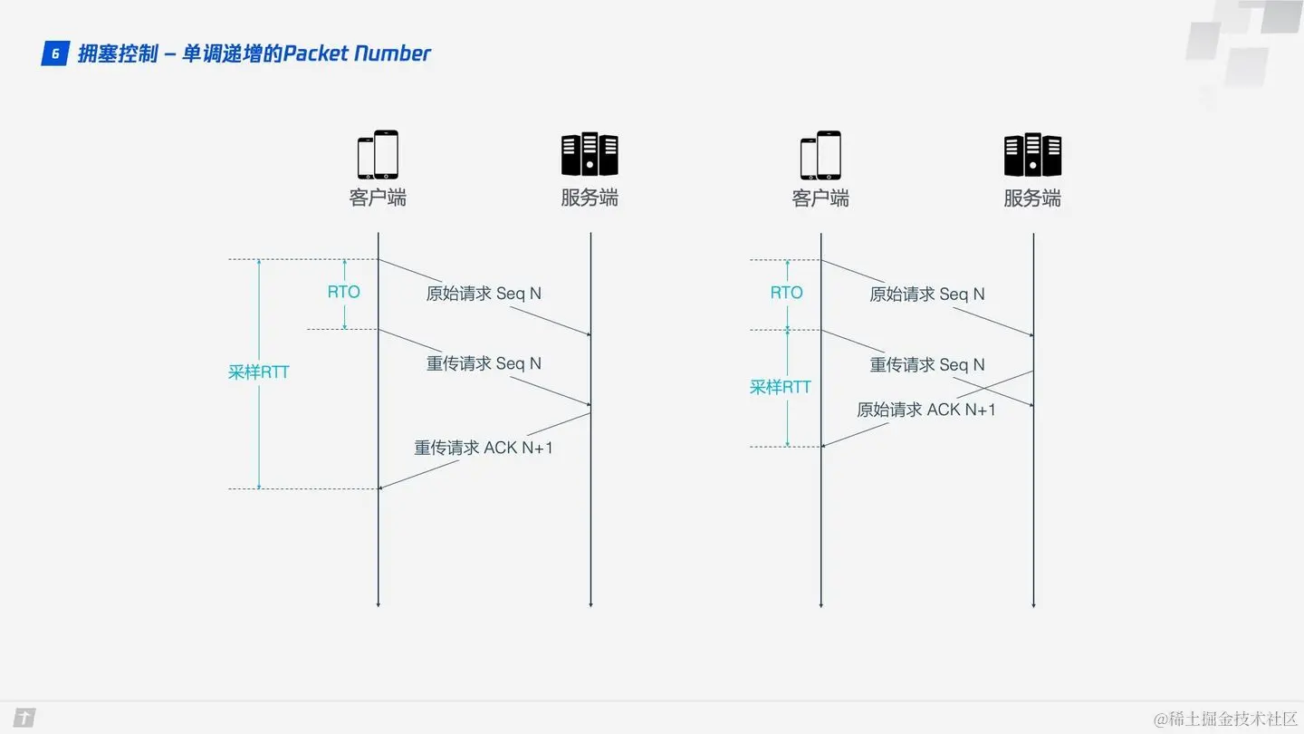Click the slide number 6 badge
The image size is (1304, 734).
tap(55, 54)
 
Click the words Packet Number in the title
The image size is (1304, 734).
tap(357, 53)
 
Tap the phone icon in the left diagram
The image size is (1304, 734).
tap(378, 155)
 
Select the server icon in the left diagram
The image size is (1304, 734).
tap(590, 154)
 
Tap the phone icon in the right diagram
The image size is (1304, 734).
tap(820, 155)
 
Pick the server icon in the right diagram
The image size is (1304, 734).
tap(1032, 154)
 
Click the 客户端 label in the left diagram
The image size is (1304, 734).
tap(378, 198)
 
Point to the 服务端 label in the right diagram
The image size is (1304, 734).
tap(1032, 198)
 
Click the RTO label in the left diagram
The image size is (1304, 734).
tap(343, 292)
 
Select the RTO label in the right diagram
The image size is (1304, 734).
tap(786, 293)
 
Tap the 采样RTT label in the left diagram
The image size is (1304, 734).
tap(258, 372)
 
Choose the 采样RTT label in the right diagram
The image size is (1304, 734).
tap(780, 387)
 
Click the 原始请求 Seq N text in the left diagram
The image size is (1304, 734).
tap(484, 294)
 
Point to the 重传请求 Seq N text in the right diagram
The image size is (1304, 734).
tap(927, 364)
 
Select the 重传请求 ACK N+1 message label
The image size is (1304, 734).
tap(484, 447)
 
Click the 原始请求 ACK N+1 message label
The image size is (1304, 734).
tap(926, 410)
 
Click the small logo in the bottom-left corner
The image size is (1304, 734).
tap(24, 719)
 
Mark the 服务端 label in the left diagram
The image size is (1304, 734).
tap(590, 198)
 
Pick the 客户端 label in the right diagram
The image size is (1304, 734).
tap(820, 198)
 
